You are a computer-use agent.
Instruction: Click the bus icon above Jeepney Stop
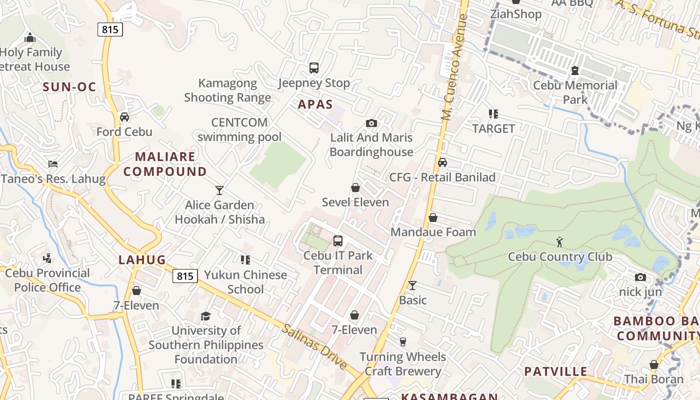pos(314,68)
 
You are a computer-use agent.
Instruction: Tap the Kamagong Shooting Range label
pos(227,90)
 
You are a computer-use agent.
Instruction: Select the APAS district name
pos(315,104)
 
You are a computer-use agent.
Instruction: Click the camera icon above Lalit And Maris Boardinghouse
pos(371,123)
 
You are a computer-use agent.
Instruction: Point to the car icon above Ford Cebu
pos(124,117)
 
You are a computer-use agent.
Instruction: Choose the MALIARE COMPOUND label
pos(165,164)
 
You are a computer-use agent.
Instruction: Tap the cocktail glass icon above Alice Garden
pos(219,190)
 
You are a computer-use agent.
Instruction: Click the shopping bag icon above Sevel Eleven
pos(355,187)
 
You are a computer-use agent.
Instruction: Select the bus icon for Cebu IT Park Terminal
pos(338,241)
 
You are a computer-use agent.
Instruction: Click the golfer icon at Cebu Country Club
pos(559,242)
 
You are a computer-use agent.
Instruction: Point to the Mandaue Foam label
pos(433,232)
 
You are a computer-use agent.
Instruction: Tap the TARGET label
pos(493,128)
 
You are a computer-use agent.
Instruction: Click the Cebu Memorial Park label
pos(575,92)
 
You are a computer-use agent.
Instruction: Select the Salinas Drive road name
pos(314,346)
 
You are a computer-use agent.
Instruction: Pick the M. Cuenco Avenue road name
pos(454,67)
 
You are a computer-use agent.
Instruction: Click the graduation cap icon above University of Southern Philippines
pos(205,316)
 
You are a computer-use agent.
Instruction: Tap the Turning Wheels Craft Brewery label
pos(402,363)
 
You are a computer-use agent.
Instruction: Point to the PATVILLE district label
pos(555,371)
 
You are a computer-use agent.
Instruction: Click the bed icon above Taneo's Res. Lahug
pos(53,164)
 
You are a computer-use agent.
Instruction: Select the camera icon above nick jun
pos(640,277)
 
